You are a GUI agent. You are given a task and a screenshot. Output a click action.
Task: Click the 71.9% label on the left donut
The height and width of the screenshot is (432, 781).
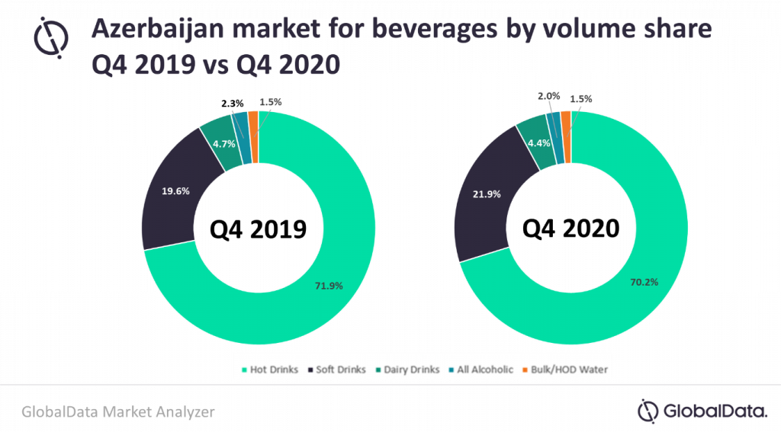[x=329, y=286]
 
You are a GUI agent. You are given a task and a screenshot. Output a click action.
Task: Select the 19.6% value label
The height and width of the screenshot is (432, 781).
[x=177, y=192]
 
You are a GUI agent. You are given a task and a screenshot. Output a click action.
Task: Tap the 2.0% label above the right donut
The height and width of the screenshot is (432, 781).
[x=548, y=96]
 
